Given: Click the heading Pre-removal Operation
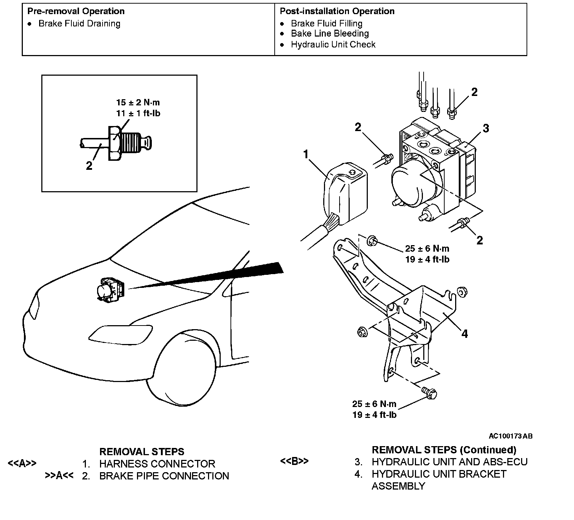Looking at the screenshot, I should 76,11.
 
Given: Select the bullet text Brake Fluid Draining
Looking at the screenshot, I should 79,24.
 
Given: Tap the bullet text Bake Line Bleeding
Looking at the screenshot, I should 330,34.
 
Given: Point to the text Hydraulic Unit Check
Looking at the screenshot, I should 333,45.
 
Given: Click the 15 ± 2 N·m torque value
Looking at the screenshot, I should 138,102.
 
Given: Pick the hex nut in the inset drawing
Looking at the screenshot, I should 114,144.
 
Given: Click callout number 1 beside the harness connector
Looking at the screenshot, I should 305,155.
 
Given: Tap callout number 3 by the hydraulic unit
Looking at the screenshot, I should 486,128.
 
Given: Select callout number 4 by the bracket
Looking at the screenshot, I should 464,334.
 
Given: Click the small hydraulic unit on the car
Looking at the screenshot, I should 110,289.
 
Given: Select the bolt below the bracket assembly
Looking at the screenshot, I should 430,392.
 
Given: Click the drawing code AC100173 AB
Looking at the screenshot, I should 510,436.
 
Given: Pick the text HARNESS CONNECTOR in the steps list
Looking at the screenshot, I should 157,464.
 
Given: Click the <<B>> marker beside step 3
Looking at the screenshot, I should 294,461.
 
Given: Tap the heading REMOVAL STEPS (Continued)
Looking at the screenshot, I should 444,450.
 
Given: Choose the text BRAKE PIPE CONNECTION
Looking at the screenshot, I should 164,476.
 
